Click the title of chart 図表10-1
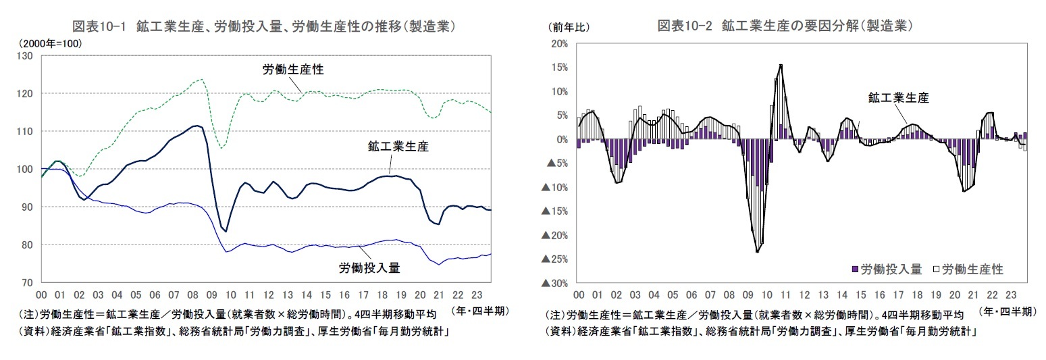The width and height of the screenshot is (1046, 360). coord(262,26)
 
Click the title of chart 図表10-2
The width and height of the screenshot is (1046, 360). coord(785,26)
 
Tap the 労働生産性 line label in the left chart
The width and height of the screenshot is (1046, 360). coord(293,70)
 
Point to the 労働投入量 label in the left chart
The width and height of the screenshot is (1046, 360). coord(369,268)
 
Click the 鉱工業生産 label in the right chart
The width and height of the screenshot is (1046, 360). coord(898,98)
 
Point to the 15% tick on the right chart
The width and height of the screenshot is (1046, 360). coord(559,68)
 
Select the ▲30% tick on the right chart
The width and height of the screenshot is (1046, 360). coord(555,283)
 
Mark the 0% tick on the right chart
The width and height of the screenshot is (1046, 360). coord(562,139)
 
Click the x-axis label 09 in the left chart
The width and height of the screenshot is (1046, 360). coord(211,295)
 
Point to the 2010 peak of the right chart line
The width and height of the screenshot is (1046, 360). coord(781,65)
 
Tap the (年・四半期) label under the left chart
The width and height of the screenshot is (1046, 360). coord(479,311)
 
